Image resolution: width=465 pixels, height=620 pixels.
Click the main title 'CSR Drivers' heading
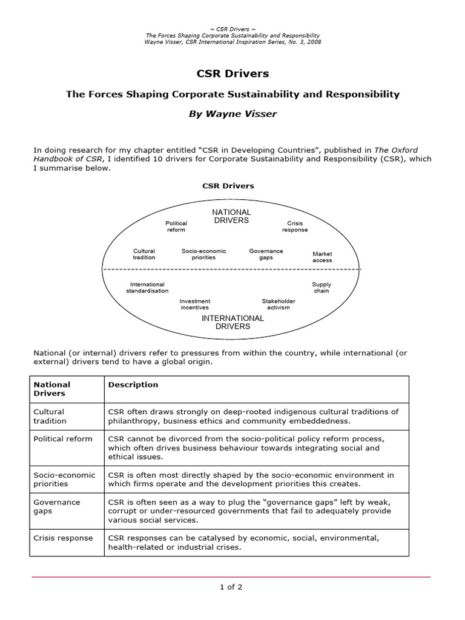(x=232, y=74)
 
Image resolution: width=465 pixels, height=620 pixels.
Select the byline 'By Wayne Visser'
(x=232, y=114)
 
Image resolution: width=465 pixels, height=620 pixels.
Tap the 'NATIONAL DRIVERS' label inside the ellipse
(x=231, y=216)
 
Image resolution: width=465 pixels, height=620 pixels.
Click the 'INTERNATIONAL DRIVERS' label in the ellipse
(x=232, y=322)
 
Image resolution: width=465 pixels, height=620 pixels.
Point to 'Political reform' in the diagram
(x=176, y=226)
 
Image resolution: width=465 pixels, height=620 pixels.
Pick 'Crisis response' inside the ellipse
(x=295, y=226)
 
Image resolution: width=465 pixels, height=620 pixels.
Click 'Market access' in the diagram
(x=322, y=257)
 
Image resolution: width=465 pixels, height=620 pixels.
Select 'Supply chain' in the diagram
(x=322, y=287)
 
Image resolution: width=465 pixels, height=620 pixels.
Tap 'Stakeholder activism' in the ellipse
(x=278, y=304)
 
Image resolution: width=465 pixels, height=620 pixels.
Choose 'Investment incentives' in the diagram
(x=195, y=304)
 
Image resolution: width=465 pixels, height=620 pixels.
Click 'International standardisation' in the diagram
(x=147, y=287)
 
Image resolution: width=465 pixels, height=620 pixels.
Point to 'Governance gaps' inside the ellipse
(x=266, y=254)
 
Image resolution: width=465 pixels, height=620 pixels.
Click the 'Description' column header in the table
(x=133, y=384)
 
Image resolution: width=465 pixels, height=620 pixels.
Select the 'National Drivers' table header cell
(x=52, y=389)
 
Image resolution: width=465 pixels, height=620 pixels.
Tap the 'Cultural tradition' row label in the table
(x=50, y=416)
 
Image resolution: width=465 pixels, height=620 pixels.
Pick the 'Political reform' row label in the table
(x=63, y=439)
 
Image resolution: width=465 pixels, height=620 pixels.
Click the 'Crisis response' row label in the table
(x=63, y=538)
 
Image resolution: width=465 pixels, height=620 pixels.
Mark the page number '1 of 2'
(x=232, y=586)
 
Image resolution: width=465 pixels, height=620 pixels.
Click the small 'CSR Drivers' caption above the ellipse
(x=228, y=186)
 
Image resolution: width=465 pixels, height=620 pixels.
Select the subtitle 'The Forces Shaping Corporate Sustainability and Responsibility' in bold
(x=232, y=94)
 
